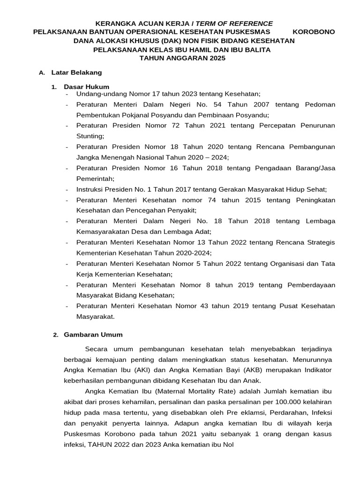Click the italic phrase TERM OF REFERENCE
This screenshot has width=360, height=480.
(x=234, y=23)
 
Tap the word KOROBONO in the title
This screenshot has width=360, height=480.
(x=314, y=32)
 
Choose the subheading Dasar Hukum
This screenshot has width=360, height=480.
(x=86, y=87)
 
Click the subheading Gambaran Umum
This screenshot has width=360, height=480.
(x=93, y=335)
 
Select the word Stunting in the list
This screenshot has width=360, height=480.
(x=90, y=136)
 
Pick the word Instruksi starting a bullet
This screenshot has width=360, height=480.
(x=90, y=189)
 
